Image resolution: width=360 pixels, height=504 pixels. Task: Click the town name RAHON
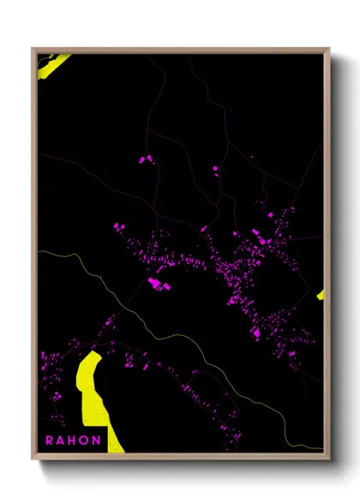click(74, 441)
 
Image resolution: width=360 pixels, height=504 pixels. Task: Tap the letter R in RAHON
click(50, 441)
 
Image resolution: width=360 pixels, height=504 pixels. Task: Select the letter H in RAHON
click(74, 441)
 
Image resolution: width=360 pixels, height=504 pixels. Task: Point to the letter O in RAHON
click(86, 441)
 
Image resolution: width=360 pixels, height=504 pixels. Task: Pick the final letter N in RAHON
click(98, 441)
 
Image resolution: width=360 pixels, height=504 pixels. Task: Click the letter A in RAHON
click(62, 441)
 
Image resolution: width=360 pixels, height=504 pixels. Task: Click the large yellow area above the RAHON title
click(90, 386)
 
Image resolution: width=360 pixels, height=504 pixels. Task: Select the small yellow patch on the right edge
click(321, 295)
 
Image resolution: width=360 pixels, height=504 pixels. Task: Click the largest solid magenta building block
click(158, 282)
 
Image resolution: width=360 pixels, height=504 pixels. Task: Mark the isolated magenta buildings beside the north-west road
click(143, 159)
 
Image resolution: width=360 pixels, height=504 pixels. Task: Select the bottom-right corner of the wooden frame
click(328, 455)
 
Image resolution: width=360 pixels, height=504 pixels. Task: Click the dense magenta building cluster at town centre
click(240, 274)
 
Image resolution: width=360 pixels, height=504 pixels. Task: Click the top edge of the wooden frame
click(180, 50)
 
